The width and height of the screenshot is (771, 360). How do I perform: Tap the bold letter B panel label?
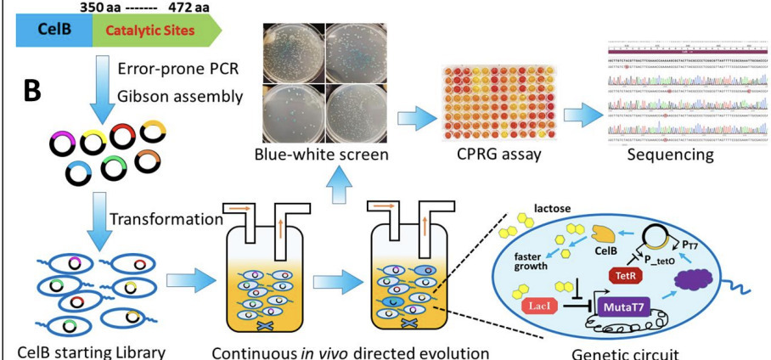[31, 92]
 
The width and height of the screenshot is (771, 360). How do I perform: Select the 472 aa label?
[186, 7]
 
